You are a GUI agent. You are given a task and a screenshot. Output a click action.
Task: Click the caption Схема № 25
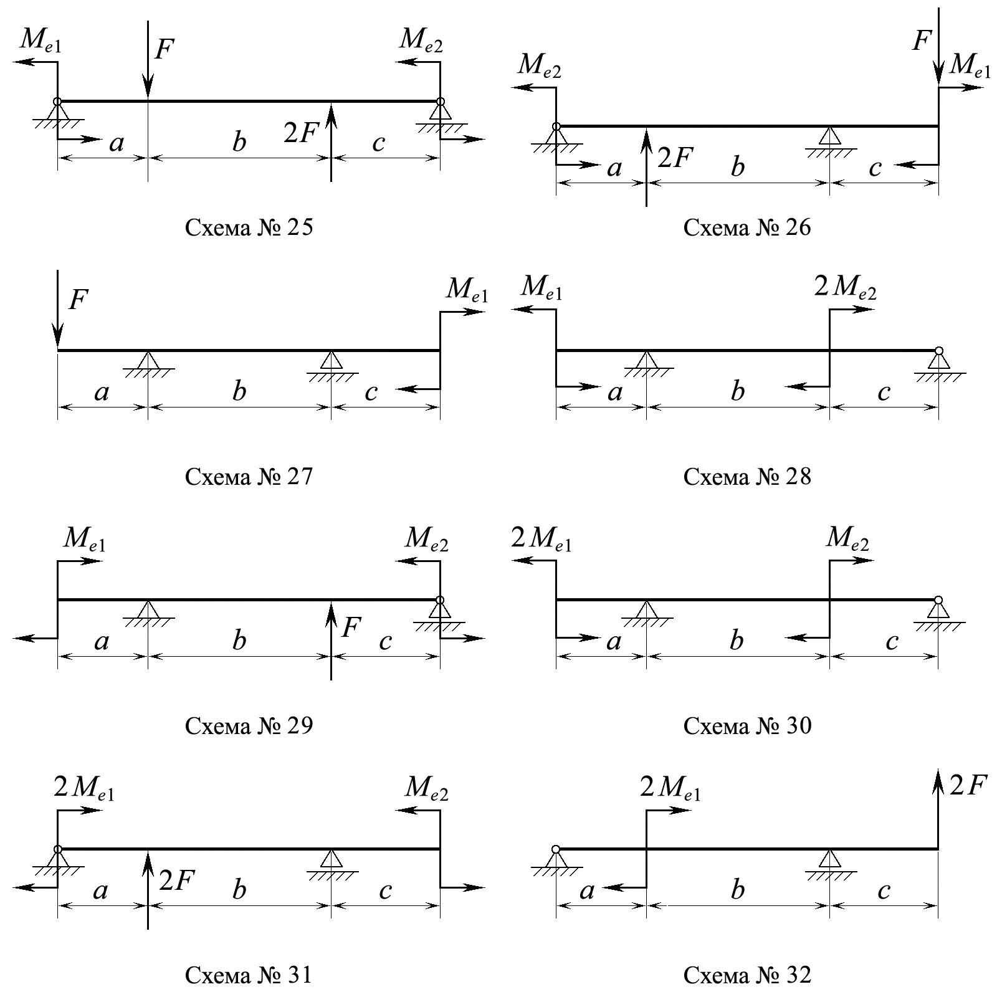pos(249,228)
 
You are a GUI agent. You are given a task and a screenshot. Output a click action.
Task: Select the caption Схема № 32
pos(747,975)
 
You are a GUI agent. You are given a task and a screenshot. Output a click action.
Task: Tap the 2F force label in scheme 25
pos(302,133)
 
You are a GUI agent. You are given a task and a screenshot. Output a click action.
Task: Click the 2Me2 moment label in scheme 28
pos(845,287)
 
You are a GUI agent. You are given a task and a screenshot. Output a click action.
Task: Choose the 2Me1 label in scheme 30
pos(541,540)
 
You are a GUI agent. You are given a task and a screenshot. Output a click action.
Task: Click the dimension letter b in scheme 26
pos(738,167)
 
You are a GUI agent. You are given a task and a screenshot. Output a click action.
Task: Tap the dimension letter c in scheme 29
pos(385,641)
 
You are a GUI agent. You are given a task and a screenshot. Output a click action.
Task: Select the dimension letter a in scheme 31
pos(100,890)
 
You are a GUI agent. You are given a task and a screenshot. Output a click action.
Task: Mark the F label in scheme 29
pos(351,627)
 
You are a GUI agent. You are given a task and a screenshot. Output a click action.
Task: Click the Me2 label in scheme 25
pos(421,41)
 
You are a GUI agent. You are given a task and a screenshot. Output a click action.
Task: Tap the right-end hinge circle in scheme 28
pos(938,351)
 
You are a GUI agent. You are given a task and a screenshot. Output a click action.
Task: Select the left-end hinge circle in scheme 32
pos(556,849)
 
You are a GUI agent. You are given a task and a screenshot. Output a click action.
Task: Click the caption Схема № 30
pos(747,726)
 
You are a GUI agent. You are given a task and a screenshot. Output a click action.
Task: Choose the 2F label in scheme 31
pos(177,880)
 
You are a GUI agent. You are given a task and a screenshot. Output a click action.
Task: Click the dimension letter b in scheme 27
pos(239,392)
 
